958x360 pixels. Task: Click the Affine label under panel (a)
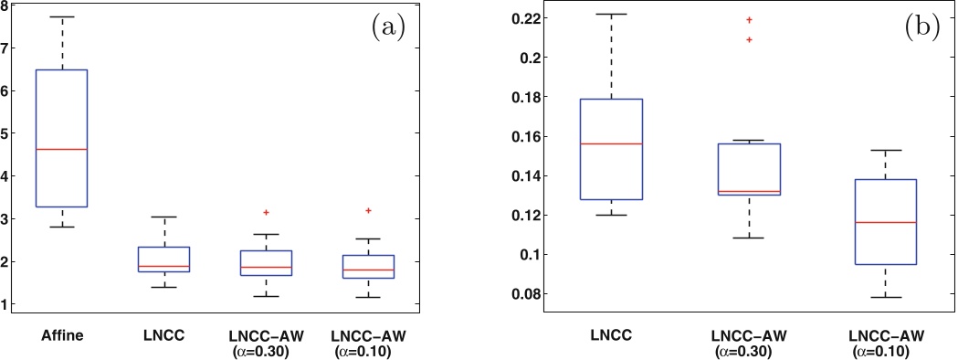point(61,335)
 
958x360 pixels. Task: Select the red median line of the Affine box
point(61,149)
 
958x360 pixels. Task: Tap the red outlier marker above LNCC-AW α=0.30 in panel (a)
point(266,212)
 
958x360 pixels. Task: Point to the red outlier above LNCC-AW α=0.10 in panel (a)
point(368,210)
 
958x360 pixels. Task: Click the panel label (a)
point(388,27)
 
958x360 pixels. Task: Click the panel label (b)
point(921,28)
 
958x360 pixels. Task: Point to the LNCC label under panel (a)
point(163,335)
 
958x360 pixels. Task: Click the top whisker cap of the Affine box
point(61,16)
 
